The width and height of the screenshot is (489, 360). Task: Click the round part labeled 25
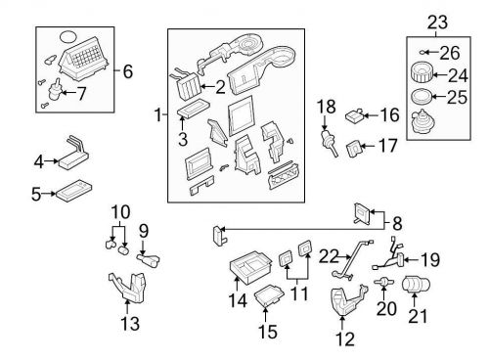(x=421, y=98)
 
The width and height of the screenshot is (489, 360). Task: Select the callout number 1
(x=157, y=116)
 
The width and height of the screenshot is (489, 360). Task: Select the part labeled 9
(x=152, y=259)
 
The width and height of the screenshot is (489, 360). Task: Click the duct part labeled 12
(x=342, y=300)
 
